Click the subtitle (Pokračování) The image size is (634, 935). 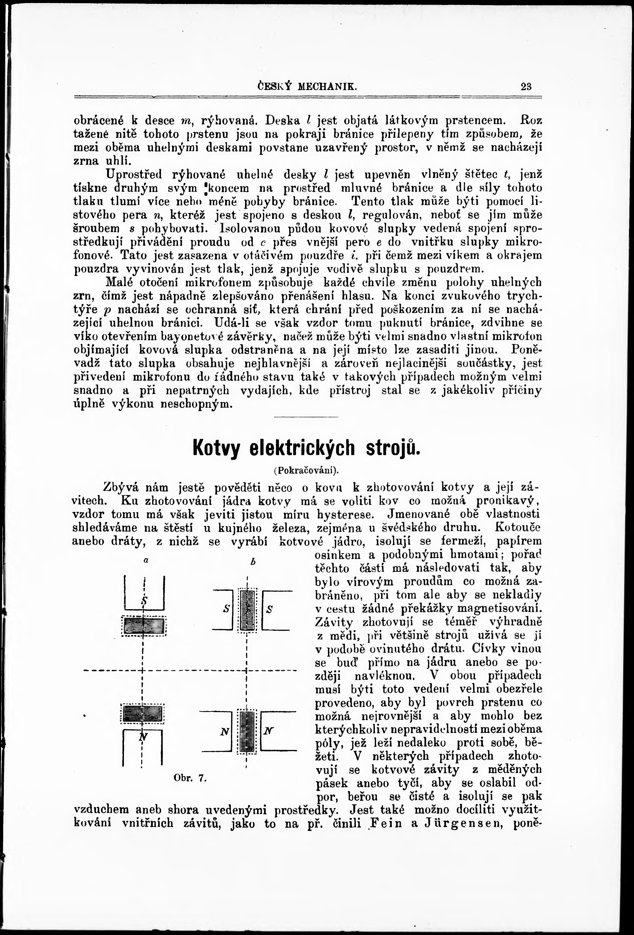pos(307,470)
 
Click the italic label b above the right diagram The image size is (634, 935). pos(253,563)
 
